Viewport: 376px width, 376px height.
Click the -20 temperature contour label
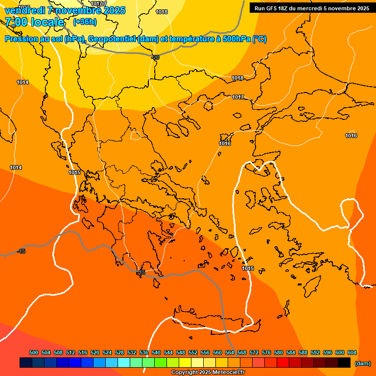tap(156, 57)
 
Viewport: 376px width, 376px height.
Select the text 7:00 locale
tap(34, 22)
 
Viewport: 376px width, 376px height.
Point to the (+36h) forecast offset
tap(85, 22)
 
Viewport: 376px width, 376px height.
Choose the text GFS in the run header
tap(272, 8)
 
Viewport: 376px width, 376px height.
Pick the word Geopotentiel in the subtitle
tap(113, 39)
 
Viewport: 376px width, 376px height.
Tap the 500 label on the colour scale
tap(34, 352)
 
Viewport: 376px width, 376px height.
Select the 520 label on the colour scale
tap(95, 352)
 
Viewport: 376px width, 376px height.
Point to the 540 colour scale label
tap(156, 352)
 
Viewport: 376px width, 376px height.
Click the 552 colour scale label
tap(193, 352)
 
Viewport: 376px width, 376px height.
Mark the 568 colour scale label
tap(242, 352)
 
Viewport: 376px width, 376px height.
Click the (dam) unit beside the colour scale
tap(362, 363)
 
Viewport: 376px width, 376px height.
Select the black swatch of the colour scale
tap(344, 363)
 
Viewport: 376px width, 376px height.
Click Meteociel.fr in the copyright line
tap(228, 373)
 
